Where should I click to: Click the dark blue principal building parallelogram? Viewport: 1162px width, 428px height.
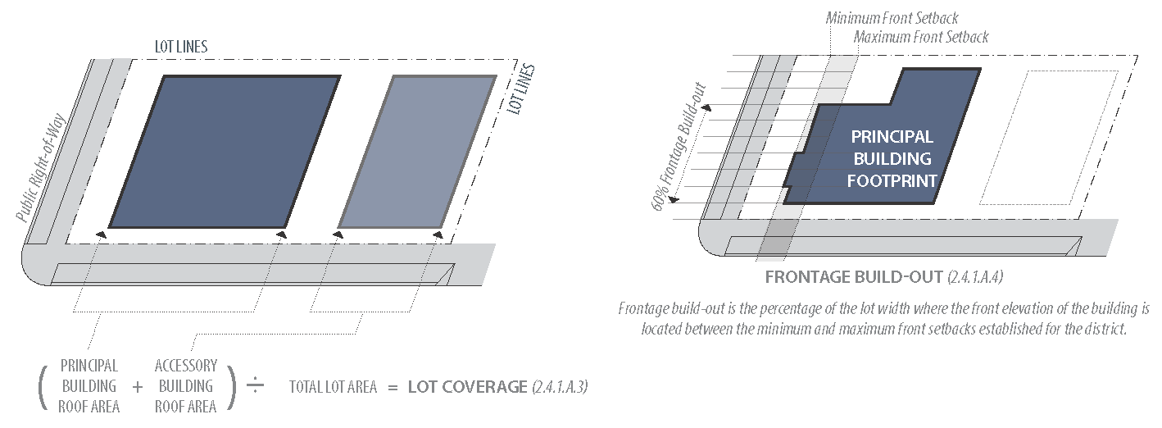click(223, 152)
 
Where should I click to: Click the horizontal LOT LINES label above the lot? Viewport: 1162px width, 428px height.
click(181, 47)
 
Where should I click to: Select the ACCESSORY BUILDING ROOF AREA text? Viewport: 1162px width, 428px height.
click(186, 385)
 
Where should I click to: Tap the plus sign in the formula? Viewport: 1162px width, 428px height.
click(137, 386)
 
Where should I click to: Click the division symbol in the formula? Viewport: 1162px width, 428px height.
click(255, 386)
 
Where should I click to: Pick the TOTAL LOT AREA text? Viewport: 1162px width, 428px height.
click(333, 387)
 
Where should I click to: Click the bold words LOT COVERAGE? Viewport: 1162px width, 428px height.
click(467, 386)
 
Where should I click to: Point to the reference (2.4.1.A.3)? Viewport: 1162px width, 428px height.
click(560, 386)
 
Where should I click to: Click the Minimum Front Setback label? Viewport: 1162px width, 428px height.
click(892, 18)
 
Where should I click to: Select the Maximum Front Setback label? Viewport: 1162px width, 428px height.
click(920, 37)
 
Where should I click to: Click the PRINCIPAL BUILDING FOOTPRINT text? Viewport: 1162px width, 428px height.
click(892, 158)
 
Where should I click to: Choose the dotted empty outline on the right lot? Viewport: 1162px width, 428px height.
click(1049, 137)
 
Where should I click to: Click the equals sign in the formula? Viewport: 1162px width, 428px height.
click(393, 386)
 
